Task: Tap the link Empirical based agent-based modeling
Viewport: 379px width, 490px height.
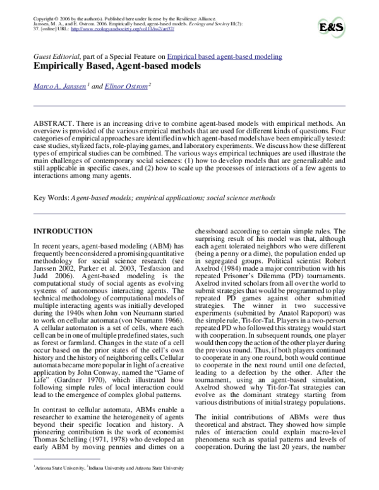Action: tap(225, 57)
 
